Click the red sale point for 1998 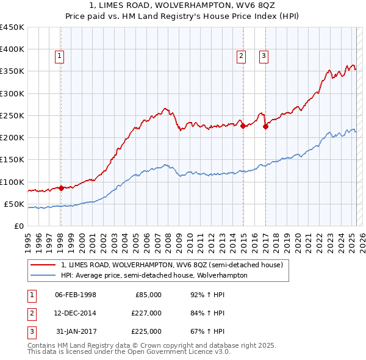61,188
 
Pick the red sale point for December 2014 243,126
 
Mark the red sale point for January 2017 266,127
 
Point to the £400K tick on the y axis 12,49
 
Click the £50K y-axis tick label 15,204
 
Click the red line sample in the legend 43,265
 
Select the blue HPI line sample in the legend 43,275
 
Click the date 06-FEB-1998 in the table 76,295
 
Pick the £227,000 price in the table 147,313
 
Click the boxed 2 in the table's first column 31,313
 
